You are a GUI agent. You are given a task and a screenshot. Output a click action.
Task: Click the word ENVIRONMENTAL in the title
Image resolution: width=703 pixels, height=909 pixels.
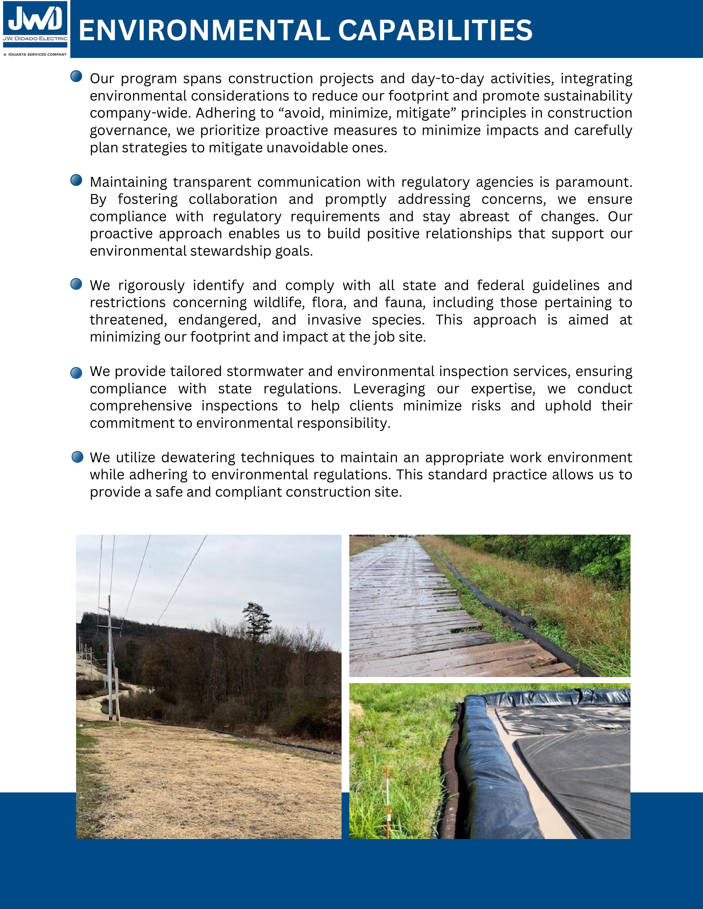(x=204, y=30)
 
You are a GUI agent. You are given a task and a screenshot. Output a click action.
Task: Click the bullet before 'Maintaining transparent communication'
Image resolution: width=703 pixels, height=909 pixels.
(x=76, y=180)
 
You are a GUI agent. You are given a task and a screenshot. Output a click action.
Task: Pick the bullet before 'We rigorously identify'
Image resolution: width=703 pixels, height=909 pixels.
(x=76, y=284)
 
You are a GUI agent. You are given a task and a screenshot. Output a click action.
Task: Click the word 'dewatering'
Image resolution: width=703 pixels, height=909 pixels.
(x=197, y=458)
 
